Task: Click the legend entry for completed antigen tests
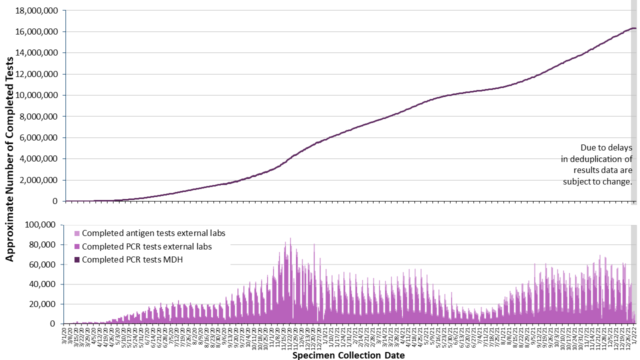pyautogui.click(x=153, y=233)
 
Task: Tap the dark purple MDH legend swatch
pyautogui.click(x=76, y=259)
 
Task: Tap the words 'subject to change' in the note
pyautogui.click(x=597, y=181)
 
